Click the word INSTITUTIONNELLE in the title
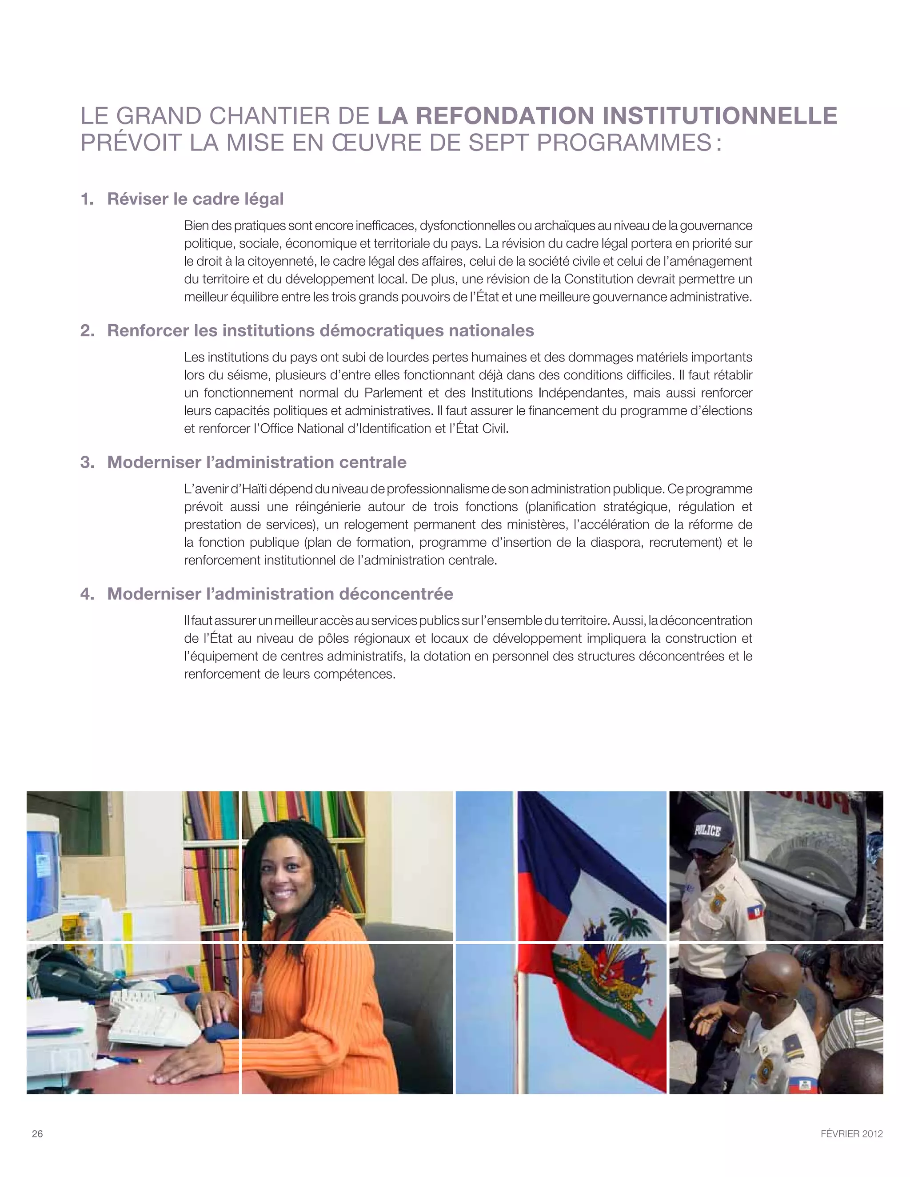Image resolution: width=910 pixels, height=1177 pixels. tap(720, 116)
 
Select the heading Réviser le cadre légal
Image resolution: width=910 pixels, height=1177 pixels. tap(195, 199)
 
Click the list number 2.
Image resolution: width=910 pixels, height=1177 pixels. tap(86, 330)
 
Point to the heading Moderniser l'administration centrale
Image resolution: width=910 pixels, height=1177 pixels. tap(257, 462)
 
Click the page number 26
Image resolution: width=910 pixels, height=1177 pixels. tap(37, 1133)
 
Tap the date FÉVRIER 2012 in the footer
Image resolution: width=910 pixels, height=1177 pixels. tap(851, 1133)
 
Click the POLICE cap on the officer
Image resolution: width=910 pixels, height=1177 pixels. tap(707, 831)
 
